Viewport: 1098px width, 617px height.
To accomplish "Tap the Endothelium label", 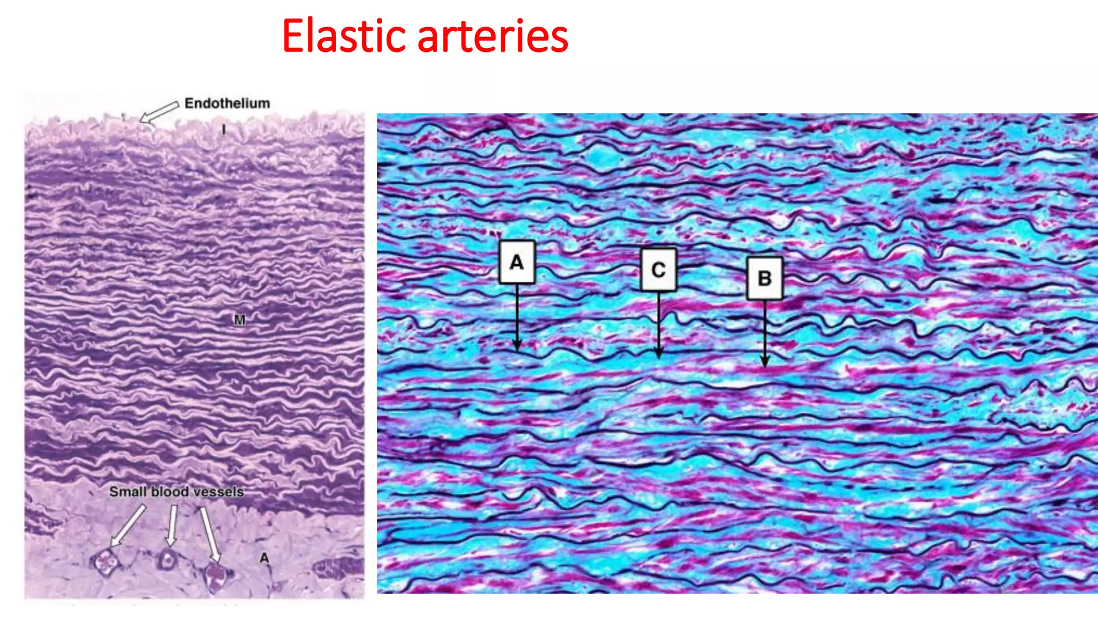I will tap(227, 103).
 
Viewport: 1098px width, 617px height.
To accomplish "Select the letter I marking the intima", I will tap(224, 130).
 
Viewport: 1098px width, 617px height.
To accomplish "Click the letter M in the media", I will tap(240, 320).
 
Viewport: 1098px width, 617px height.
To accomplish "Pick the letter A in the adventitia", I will tap(264, 558).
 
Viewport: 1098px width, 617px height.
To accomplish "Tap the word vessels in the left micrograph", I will tap(218, 492).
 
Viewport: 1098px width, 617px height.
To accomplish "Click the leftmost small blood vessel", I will tap(106, 562).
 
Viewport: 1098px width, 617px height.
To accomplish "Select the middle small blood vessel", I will tap(167, 560).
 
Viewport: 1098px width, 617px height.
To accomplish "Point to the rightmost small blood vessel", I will tap(216, 576).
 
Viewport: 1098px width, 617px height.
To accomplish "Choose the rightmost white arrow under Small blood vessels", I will tap(210, 533).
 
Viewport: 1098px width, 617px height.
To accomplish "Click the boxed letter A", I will tap(517, 262).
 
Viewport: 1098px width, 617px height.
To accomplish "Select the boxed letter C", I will tap(658, 269).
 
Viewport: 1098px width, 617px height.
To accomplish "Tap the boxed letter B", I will tap(765, 278).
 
